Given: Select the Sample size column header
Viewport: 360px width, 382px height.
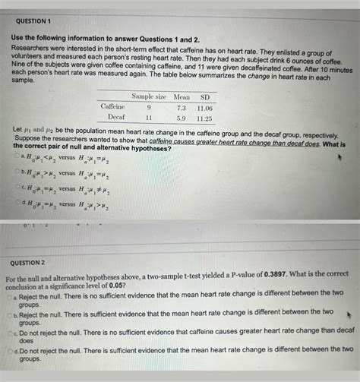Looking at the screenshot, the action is (x=149, y=96).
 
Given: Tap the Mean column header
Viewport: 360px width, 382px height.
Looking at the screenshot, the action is (x=182, y=96).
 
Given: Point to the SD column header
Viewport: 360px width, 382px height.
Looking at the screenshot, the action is (x=204, y=96).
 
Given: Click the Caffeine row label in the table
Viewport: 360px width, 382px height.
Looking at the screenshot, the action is (x=113, y=107).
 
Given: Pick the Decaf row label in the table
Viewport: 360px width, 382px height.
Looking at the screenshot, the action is (x=116, y=118).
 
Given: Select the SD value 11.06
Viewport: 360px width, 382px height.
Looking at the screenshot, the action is (x=204, y=108).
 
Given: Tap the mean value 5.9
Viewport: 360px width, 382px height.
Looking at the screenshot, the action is (x=182, y=118).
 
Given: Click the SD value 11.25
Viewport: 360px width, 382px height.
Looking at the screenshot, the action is (x=204, y=118).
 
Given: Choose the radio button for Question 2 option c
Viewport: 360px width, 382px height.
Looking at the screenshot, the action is (x=13, y=332).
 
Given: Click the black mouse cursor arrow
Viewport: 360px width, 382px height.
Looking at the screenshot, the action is (x=348, y=313).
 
